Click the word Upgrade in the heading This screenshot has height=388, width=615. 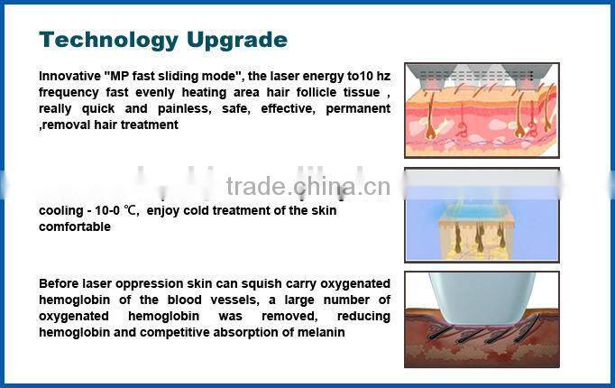[x=237, y=40]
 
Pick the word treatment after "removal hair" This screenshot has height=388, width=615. [x=148, y=125]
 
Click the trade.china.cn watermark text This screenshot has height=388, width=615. [x=307, y=187]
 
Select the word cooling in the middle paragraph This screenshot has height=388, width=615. [x=59, y=211]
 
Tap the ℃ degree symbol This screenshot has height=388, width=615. [x=133, y=211]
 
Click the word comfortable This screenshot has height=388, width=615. [x=74, y=226]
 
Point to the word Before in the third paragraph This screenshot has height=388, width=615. [x=58, y=283]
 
